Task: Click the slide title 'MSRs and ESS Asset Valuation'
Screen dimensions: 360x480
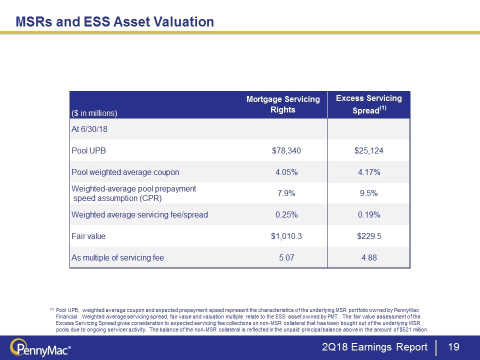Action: (115, 22)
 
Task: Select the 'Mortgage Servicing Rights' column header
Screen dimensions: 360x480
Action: (283, 104)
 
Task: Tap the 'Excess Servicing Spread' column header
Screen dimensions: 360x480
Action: (368, 104)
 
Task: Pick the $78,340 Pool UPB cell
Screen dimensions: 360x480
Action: (283, 150)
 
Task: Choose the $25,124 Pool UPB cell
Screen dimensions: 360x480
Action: (369, 150)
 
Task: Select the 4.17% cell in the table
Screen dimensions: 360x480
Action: (369, 172)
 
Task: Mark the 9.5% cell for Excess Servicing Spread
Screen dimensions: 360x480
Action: (369, 193)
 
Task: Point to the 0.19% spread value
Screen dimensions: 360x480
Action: (369, 215)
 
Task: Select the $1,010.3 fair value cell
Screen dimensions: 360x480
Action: (283, 236)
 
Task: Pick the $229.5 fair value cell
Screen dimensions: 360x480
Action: (369, 236)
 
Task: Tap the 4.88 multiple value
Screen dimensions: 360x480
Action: (369, 258)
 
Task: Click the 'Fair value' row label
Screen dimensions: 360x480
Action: (88, 236)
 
